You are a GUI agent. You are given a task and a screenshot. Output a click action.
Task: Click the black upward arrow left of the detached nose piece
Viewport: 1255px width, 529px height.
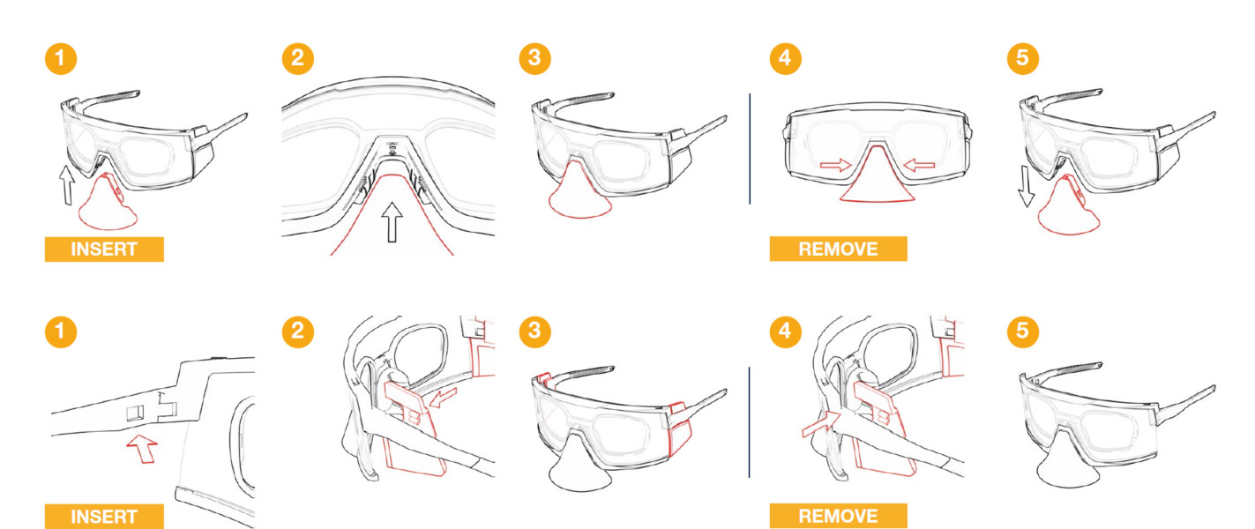(x=67, y=185)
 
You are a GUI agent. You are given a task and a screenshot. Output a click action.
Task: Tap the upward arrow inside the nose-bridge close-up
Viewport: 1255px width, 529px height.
(x=392, y=222)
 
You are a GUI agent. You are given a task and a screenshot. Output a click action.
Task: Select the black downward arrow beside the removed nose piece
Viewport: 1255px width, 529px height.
(x=1026, y=187)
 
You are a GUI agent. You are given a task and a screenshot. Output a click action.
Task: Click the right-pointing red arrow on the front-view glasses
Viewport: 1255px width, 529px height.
(x=835, y=165)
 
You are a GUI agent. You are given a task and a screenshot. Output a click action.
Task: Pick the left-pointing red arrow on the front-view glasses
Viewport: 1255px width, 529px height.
(x=919, y=165)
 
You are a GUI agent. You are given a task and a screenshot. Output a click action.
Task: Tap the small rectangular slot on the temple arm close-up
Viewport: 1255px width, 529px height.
(x=135, y=413)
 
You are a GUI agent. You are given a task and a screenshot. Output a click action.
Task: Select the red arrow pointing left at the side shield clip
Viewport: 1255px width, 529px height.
(x=443, y=398)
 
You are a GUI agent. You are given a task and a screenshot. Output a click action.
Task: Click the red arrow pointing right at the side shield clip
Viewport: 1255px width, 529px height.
(x=821, y=424)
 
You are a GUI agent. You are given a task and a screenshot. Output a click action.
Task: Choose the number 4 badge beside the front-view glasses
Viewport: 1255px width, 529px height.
(x=785, y=58)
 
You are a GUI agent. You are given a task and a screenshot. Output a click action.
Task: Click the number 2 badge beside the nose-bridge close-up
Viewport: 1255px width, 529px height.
(x=297, y=58)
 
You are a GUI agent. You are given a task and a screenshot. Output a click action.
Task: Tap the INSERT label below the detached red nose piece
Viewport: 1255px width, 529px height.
(x=104, y=249)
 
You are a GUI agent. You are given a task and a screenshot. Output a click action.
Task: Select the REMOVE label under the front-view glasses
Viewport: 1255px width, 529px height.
(x=838, y=249)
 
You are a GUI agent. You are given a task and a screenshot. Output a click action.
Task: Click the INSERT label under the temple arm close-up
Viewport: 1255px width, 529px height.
(x=104, y=516)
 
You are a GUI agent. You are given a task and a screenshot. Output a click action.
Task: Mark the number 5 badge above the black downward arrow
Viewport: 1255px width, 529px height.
(x=1022, y=58)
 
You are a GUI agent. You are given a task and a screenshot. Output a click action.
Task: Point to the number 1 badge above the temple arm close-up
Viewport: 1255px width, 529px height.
(x=61, y=332)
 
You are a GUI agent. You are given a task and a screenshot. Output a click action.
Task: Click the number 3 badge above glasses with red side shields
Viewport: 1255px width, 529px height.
(x=534, y=332)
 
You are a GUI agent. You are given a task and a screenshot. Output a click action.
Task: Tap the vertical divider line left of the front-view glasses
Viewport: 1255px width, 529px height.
(x=750, y=148)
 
